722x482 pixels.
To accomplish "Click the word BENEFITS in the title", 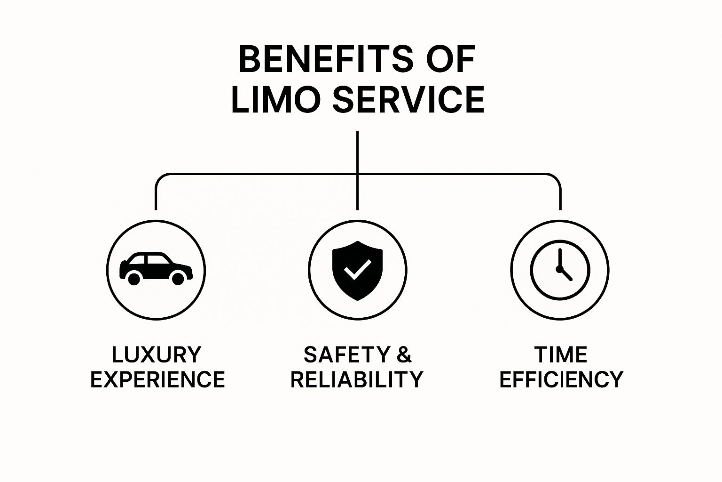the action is (326, 59).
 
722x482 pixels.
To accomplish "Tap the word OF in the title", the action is (451, 59).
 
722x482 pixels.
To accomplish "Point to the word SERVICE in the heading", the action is (408, 99).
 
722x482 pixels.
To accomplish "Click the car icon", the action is (156, 268).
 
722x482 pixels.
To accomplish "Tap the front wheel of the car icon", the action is (178, 278).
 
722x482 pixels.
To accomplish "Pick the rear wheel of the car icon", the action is (134, 278).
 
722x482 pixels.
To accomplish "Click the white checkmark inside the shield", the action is (357, 269).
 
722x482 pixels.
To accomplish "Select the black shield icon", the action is (357, 271).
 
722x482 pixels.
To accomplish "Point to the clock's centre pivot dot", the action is (559, 269).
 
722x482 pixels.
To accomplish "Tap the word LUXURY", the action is (157, 355).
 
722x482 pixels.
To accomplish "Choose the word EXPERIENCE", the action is (157, 379).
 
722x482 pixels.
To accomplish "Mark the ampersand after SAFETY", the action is (404, 355).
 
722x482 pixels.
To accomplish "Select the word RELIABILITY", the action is (357, 379).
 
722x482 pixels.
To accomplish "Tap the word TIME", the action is (561, 355).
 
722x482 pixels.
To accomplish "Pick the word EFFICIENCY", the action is (562, 379).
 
